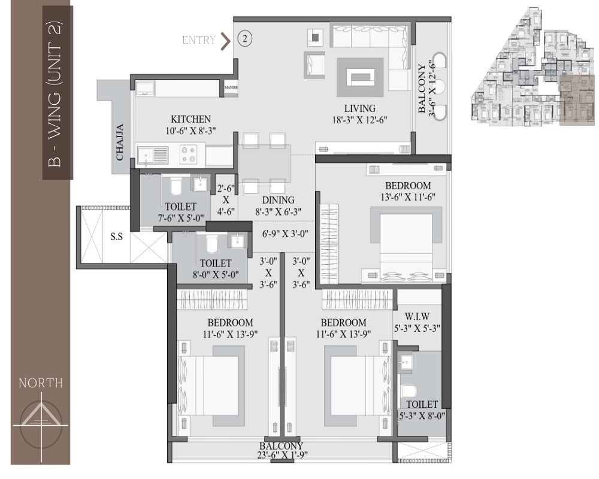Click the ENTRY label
pos(199,40)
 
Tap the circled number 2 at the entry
pos(245,39)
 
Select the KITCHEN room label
pos(190,119)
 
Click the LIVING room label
pos(359,108)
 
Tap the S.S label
pos(116,237)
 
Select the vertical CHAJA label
pos(120,142)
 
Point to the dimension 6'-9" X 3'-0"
pos(285,234)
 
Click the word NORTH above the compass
pos(41,383)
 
